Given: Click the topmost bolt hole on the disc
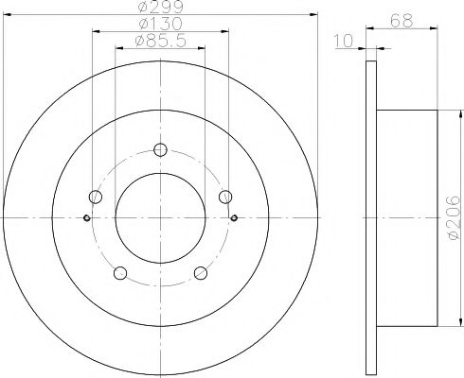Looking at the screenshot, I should (x=160, y=148).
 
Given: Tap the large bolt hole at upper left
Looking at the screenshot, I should (x=95, y=197).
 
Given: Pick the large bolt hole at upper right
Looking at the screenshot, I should (x=225, y=196).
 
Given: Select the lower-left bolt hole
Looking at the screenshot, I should (x=119, y=273).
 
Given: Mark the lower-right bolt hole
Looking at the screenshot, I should (x=201, y=273).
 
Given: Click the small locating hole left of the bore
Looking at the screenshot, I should (x=87, y=218).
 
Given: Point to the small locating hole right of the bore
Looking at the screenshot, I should (x=233, y=218).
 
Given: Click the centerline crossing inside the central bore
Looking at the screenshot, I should (x=160, y=218).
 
